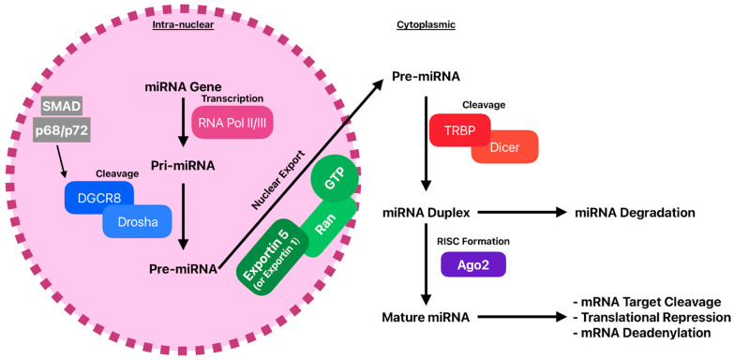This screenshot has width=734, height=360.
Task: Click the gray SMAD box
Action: point(62,108)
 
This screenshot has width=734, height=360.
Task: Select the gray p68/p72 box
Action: point(62,130)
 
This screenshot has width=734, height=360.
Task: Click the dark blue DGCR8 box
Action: point(98,197)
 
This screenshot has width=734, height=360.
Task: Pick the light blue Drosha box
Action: point(137,222)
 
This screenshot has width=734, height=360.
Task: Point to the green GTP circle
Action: point(335,181)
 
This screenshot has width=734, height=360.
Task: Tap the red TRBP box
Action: point(459,129)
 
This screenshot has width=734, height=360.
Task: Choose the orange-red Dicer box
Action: point(504,147)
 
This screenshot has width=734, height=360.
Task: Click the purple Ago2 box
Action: point(473,263)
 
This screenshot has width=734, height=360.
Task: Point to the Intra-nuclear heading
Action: point(183,24)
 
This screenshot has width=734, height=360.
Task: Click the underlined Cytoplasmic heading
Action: point(426,24)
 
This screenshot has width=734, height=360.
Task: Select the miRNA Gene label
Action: point(184,87)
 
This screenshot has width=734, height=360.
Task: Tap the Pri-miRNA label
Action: point(183,165)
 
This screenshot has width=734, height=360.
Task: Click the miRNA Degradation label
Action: point(635,213)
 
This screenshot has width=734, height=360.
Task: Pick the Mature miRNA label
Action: point(426,317)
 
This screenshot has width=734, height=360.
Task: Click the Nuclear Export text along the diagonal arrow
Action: point(278,180)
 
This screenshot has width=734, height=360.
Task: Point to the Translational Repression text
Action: point(652,317)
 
